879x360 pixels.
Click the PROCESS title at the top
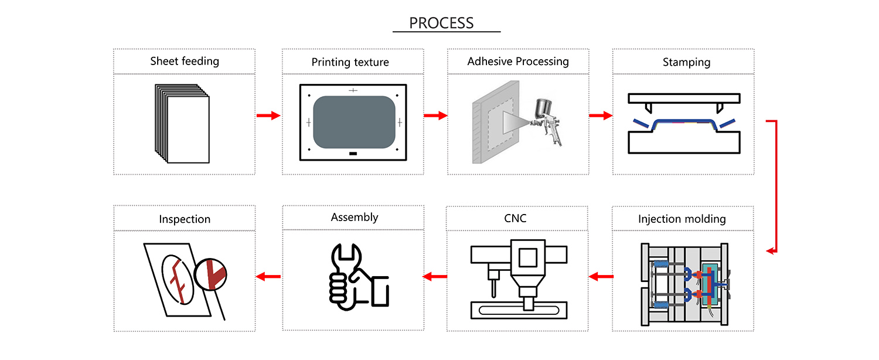pyautogui.click(x=441, y=23)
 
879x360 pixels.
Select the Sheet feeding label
pyautogui.click(x=185, y=61)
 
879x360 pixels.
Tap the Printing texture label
pyautogui.click(x=350, y=62)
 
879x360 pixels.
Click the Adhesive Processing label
pyautogui.click(x=518, y=61)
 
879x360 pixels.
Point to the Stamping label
pyautogui.click(x=686, y=62)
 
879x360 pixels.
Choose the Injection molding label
pyautogui.click(x=682, y=219)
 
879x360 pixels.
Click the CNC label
pyautogui.click(x=515, y=218)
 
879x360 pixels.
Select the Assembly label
pyautogui.click(x=354, y=217)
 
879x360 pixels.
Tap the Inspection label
pyautogui.click(x=185, y=219)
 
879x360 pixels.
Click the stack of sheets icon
pyautogui.click(x=182, y=123)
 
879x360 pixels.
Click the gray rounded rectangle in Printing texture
pyautogui.click(x=354, y=122)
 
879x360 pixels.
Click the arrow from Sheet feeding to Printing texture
pyautogui.click(x=268, y=116)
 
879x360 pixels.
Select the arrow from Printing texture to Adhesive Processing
pyautogui.click(x=435, y=116)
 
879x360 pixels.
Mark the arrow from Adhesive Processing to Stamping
pyautogui.click(x=601, y=116)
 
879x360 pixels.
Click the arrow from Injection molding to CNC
pyautogui.click(x=601, y=277)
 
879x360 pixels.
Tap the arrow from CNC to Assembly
pyautogui.click(x=434, y=277)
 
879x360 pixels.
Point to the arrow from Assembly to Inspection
pyautogui.click(x=268, y=277)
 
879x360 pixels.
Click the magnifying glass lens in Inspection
pyautogui.click(x=211, y=274)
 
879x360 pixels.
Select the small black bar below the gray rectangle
pyautogui.click(x=353, y=154)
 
